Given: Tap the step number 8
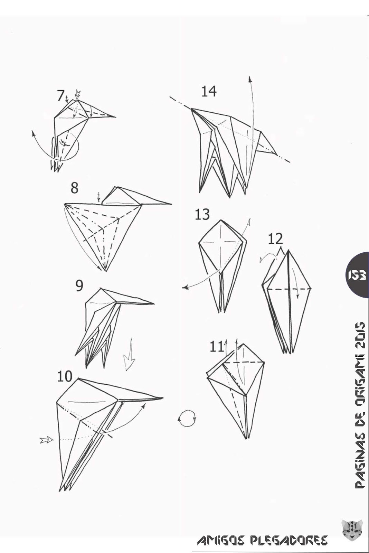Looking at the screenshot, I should pos(74,188).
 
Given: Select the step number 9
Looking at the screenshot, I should pos(79,286).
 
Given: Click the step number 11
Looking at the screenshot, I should pos(217,346).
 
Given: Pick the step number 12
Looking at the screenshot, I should pos(276,239).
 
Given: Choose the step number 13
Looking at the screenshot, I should pos(202,215).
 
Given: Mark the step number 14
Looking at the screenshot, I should pos(209,91).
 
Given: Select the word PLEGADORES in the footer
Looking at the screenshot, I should pos(292,540).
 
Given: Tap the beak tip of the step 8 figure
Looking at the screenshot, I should pos(171,204).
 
